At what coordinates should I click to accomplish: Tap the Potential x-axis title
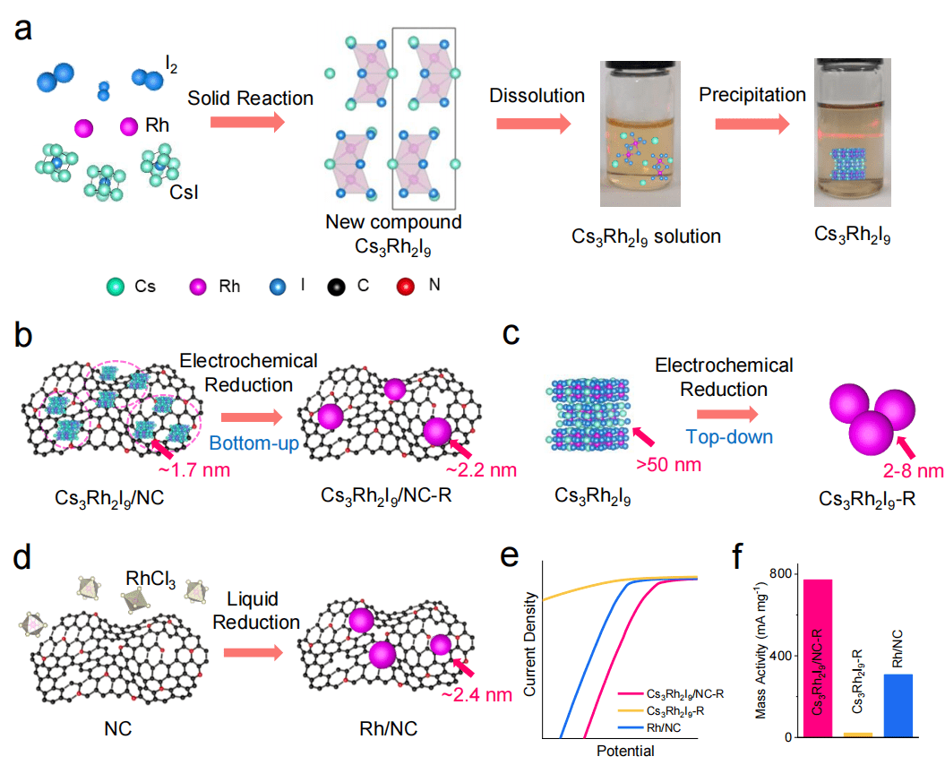point(623,751)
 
